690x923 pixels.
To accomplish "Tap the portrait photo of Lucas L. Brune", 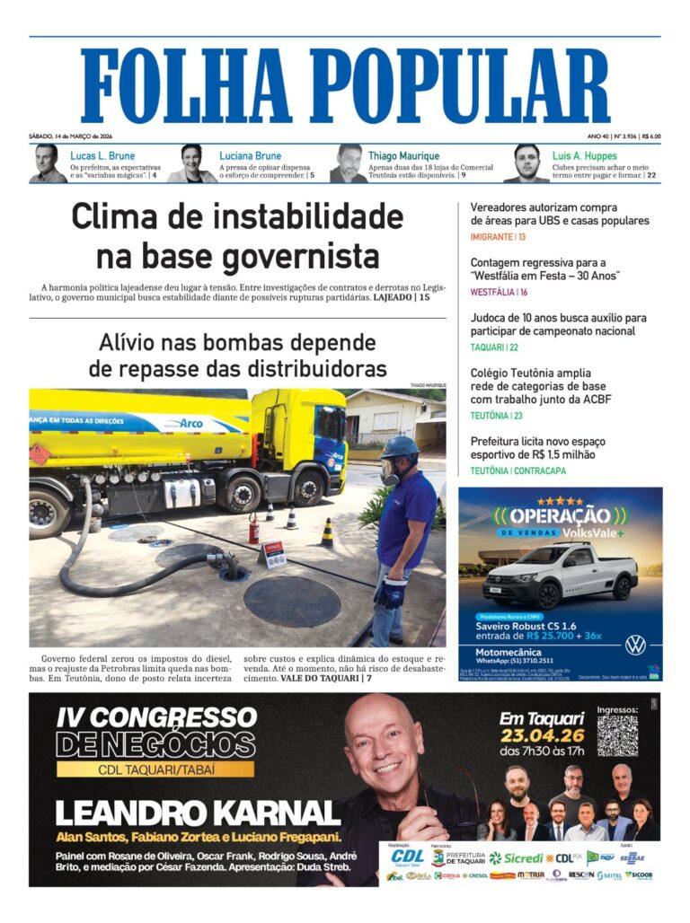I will pos(47,163).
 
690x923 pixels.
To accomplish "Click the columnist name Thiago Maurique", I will pos(403,155).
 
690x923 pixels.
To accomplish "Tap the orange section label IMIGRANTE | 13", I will pos(498,236).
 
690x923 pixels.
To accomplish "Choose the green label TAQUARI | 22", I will pos(494,347).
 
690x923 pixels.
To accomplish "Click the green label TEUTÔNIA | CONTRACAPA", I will pos(516,470).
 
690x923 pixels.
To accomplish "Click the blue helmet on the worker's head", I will pos(399,446).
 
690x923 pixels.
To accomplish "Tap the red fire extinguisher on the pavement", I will pos(254,529).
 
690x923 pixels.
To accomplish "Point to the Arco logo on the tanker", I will pos(190,422).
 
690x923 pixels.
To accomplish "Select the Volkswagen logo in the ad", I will pos(635,645).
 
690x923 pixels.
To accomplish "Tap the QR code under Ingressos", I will pos(617,735).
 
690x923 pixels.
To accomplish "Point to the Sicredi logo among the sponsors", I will pos(516,857).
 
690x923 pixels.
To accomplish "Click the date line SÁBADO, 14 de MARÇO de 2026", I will pos(75,136).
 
